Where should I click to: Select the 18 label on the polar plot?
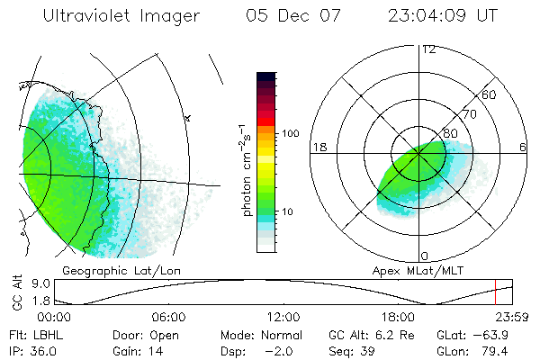coord(319,147)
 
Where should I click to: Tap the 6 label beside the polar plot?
coord(523,147)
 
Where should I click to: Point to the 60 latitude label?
coord(490,94)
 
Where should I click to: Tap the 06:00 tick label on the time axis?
coord(168,318)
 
